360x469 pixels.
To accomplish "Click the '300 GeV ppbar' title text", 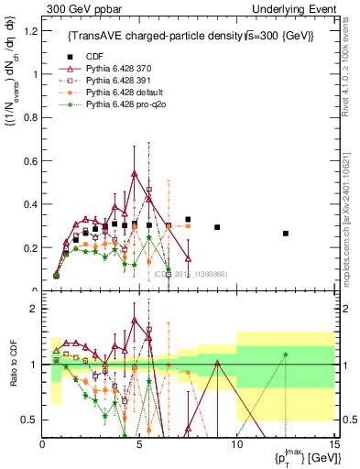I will pos(75,8).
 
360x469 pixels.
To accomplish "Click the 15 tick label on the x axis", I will pos(333,444).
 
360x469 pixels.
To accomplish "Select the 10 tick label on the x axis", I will pos(236,444).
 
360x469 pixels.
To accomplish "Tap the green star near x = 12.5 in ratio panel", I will pos(285,354).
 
